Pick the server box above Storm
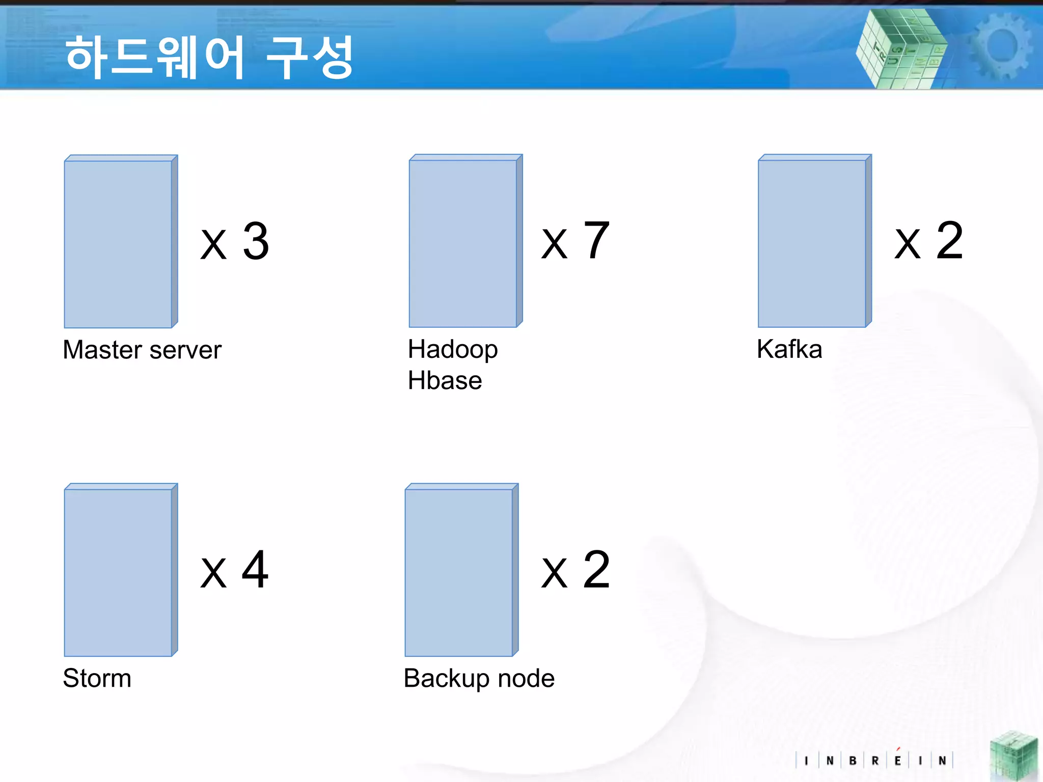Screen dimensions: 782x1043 pos(120,571)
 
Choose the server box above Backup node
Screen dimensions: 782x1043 pos(461,571)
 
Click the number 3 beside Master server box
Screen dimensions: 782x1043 pos(256,241)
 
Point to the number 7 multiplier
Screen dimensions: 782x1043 pos(596,240)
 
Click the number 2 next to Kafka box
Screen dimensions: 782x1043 pos(950,240)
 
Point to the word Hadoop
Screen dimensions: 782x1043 pos(453,350)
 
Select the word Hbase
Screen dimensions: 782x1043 pos(445,381)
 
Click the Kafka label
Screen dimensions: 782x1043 pos(789,349)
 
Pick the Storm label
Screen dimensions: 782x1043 pos(97,678)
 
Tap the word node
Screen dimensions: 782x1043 pos(526,679)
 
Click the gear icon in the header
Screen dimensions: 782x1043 pos(1000,47)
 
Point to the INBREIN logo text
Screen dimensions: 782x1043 pos(874,761)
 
